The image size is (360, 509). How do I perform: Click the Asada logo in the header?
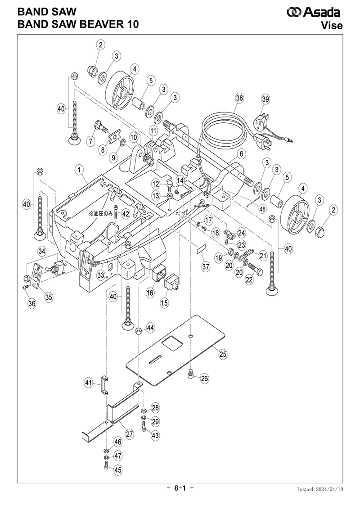(313, 12)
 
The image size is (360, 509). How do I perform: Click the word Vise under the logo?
(332, 25)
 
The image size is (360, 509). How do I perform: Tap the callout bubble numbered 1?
(79, 170)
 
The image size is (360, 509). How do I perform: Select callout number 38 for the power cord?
(239, 98)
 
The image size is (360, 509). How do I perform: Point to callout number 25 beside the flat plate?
(223, 354)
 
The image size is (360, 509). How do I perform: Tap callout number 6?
(241, 153)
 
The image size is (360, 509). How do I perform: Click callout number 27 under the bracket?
(130, 434)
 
